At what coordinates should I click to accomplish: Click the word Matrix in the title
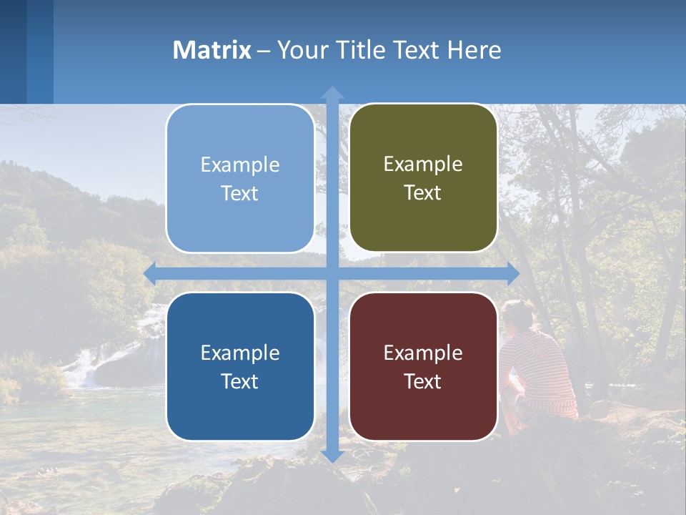212,50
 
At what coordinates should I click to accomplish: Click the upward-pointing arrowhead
332,92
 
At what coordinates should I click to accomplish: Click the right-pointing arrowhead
513,273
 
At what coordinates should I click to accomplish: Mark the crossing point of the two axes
332,273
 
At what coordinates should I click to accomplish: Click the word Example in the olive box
423,165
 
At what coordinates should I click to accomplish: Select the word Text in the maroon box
423,381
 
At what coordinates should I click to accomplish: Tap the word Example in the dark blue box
240,353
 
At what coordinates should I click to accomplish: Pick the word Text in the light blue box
240,193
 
